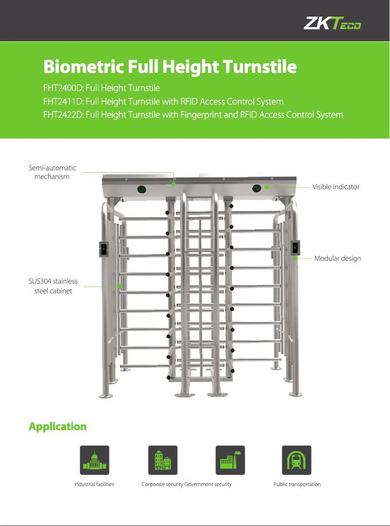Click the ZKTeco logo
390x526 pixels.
333,23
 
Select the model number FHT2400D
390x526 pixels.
63,89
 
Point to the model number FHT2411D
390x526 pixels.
63,102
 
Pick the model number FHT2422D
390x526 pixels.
63,115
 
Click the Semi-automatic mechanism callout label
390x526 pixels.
53,172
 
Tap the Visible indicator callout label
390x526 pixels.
336,187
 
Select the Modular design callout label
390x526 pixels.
337,258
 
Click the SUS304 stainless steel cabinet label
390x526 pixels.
53,286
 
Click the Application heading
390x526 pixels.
57,427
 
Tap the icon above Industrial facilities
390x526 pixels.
94,460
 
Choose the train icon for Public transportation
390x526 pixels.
297,460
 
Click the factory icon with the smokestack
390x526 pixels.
230,460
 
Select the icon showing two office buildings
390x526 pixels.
162,460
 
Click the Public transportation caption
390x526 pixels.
297,485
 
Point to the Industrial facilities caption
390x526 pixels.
94,485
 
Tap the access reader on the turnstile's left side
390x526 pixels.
104,249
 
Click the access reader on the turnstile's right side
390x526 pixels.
295,249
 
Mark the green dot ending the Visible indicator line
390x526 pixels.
266,187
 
